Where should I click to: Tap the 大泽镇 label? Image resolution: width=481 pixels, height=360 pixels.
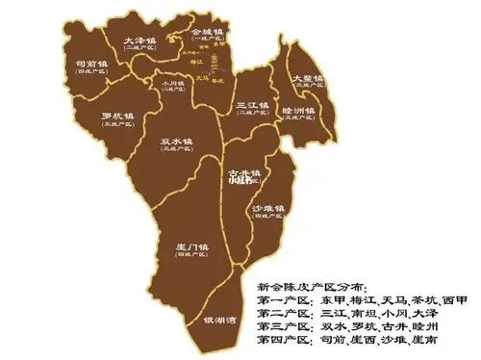pos(140,40)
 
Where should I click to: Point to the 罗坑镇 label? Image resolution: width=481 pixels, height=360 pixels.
pos(117,116)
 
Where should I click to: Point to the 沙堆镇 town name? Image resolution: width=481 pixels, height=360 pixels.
pos(267,208)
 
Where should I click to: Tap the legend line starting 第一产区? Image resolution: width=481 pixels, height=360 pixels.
pos(362,301)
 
